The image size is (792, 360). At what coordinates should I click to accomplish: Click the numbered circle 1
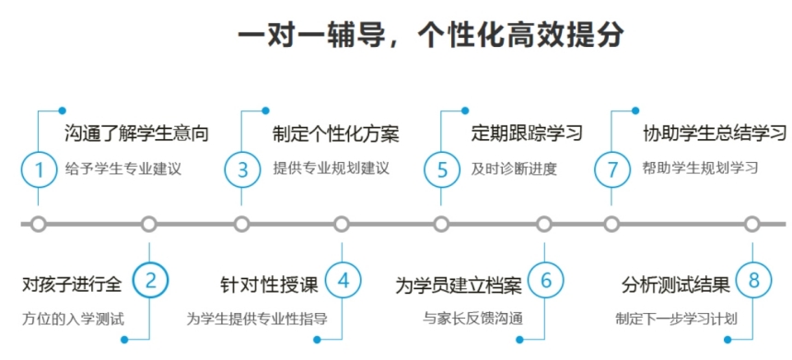39,169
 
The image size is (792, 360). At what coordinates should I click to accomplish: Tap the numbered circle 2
151,280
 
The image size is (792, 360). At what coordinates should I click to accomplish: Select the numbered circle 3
242,169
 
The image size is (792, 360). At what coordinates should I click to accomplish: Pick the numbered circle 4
343,280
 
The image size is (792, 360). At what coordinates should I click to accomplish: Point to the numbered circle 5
442,169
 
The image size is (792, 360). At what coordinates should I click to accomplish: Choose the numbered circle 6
545,280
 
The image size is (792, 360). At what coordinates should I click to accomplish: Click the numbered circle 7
611,169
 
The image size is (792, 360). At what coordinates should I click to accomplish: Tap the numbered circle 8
753,280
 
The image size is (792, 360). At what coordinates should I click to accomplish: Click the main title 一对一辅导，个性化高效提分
431,35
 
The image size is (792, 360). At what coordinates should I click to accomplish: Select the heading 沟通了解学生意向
136,133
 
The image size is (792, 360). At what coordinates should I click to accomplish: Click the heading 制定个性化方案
335,133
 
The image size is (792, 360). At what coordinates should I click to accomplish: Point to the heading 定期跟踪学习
527,133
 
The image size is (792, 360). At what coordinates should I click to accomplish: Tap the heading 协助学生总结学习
715,133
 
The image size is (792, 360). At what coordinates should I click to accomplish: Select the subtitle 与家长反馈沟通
473,319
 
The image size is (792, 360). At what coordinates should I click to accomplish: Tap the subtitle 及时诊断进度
514,169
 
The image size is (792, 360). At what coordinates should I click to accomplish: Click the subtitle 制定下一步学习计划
677,319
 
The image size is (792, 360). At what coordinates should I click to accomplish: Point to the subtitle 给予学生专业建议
124,169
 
